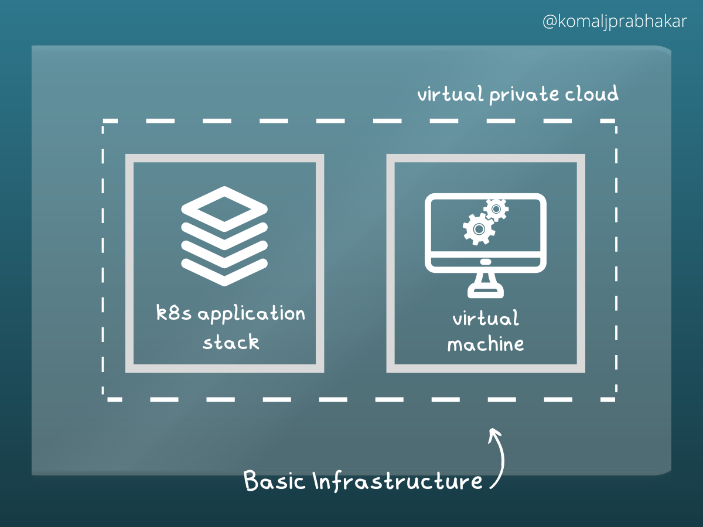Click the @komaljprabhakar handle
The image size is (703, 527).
tap(615, 23)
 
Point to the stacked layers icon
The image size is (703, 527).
tap(224, 236)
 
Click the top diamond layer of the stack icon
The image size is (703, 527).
tap(224, 208)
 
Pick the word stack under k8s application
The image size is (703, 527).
tap(231, 342)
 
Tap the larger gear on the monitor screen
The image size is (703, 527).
tap(477, 229)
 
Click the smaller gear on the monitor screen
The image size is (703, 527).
tap(496, 209)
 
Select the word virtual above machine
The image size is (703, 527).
tap(486, 319)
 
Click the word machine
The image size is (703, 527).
tap(486, 344)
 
